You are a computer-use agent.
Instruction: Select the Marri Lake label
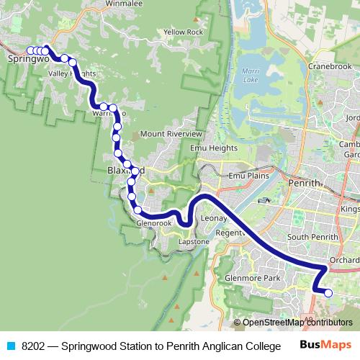coord(251,76)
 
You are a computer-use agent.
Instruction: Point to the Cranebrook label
coord(330,66)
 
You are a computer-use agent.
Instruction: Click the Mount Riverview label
coord(171,134)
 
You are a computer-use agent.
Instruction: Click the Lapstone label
coord(194,242)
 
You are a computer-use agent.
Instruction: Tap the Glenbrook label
coord(153,224)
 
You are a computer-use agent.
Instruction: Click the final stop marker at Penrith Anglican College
coord(328,293)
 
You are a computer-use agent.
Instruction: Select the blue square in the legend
coord(10,346)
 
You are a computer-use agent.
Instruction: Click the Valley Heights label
coord(71,74)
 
